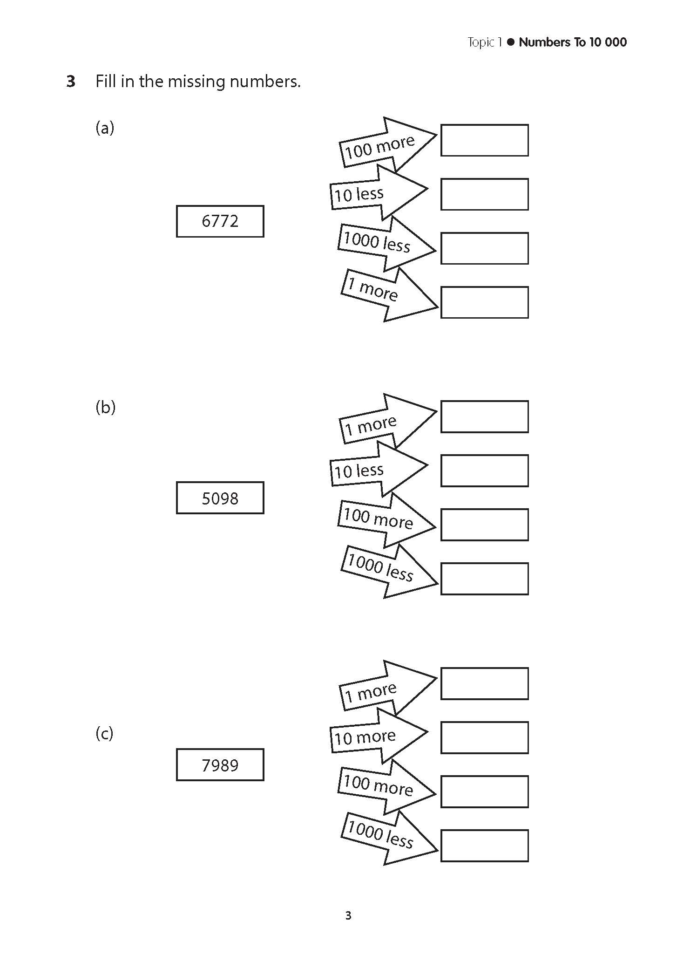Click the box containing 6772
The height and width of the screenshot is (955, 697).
pos(220,221)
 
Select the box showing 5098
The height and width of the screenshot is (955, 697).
pos(220,498)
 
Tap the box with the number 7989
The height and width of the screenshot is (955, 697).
pos(220,765)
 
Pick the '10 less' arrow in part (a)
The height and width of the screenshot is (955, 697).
pos(377,192)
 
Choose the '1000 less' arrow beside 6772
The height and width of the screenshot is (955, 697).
pos(385,244)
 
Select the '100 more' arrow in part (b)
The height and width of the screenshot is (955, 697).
pos(385,520)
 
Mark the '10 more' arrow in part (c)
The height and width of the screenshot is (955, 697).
pos(377,736)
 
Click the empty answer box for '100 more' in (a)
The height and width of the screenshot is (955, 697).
pos(484,140)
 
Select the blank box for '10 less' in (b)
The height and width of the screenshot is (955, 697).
pos(484,471)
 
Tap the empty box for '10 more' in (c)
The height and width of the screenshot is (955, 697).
pos(484,737)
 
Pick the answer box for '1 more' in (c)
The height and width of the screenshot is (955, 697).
pos(484,683)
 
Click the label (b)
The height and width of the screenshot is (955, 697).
pos(105,407)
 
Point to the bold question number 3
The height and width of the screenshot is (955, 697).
pos(70,82)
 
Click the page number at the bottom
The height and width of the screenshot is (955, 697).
pos(348,915)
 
